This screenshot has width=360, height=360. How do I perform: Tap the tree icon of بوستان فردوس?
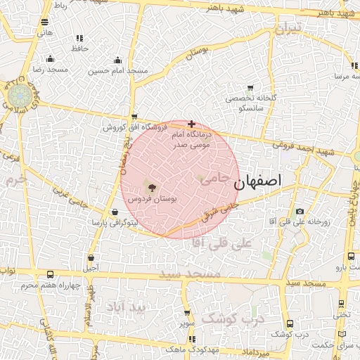point(151,187)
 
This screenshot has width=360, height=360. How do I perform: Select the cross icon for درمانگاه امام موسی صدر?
point(191,124)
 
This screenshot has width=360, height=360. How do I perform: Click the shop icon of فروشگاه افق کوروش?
point(134,117)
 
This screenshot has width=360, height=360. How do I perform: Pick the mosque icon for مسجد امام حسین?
point(117,60)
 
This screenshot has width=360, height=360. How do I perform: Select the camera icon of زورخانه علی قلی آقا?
point(300,211)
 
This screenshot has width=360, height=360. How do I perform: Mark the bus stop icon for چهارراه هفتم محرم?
point(49,274)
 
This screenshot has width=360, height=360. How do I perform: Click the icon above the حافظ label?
point(79,38)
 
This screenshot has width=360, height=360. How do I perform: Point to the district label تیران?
point(287,30)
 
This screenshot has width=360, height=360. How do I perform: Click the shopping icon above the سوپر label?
point(186,313)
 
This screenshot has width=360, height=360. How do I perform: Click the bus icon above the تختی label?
point(341,304)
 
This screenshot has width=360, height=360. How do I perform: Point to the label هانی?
point(45,32)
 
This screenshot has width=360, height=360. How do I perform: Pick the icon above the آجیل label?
point(91,257)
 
